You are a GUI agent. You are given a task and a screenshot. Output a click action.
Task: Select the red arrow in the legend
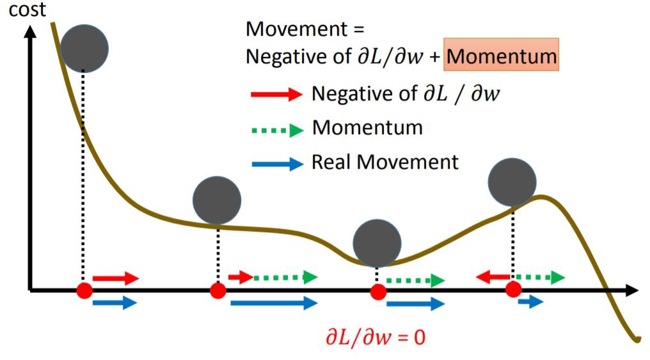[x=276, y=95]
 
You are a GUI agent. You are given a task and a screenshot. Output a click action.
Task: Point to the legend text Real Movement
[x=384, y=162]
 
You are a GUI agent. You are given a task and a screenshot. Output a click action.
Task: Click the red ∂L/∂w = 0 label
[x=375, y=336]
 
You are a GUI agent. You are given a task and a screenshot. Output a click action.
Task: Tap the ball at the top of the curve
[x=84, y=47]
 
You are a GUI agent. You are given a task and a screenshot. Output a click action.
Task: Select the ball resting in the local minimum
[x=377, y=243]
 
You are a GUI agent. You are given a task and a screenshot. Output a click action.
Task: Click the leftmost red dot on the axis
[x=84, y=291]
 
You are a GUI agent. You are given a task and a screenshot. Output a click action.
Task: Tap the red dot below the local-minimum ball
[x=378, y=292]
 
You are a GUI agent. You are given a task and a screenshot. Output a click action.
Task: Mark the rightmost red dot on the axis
[x=513, y=290]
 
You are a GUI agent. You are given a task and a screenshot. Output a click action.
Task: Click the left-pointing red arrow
[x=492, y=277]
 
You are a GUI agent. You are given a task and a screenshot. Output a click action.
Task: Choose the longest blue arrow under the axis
[x=274, y=303]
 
